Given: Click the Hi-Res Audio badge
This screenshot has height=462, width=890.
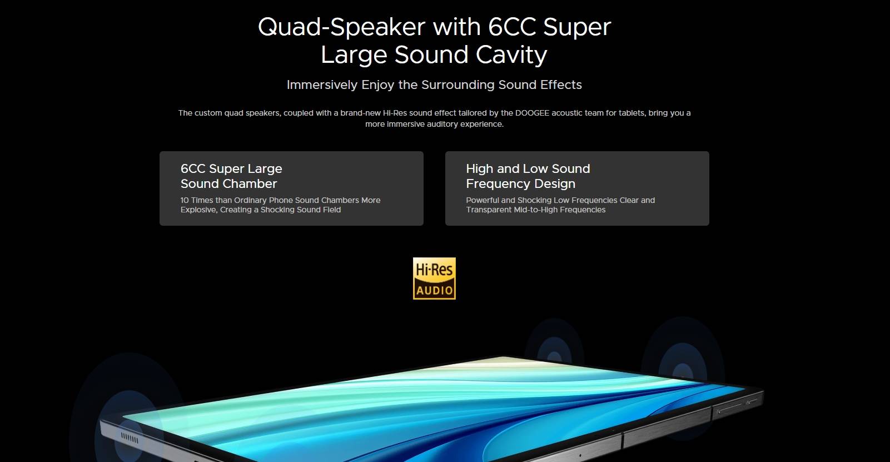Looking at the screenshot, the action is (434, 278).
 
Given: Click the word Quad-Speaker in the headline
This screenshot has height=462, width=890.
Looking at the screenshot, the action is (342, 27).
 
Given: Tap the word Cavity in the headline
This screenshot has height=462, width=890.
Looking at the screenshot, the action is (511, 55).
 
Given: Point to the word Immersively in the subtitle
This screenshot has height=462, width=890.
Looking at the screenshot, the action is (322, 85).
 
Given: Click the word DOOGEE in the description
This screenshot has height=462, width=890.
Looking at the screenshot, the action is (532, 113).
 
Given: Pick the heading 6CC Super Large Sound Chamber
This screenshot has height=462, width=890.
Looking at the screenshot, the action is (231, 176).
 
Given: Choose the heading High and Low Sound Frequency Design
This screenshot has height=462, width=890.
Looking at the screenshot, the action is (528, 176).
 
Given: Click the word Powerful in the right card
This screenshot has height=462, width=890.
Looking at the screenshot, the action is (483, 200).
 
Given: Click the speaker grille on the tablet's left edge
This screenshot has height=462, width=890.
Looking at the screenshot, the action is (130, 439).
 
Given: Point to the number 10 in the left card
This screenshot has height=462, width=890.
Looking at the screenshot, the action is (185, 200).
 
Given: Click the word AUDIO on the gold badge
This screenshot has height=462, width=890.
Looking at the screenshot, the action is (434, 290).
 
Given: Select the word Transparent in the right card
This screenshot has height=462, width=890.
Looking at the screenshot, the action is (489, 210).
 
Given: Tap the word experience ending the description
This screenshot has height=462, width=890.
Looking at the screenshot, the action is (482, 125).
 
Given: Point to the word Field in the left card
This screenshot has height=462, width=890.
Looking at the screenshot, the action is (331, 210).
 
